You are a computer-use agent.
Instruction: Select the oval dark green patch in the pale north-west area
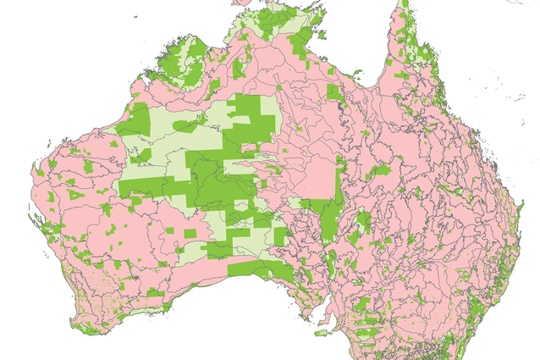(x=186, y=125)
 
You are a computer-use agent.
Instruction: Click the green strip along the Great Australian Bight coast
(x=254, y=270)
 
